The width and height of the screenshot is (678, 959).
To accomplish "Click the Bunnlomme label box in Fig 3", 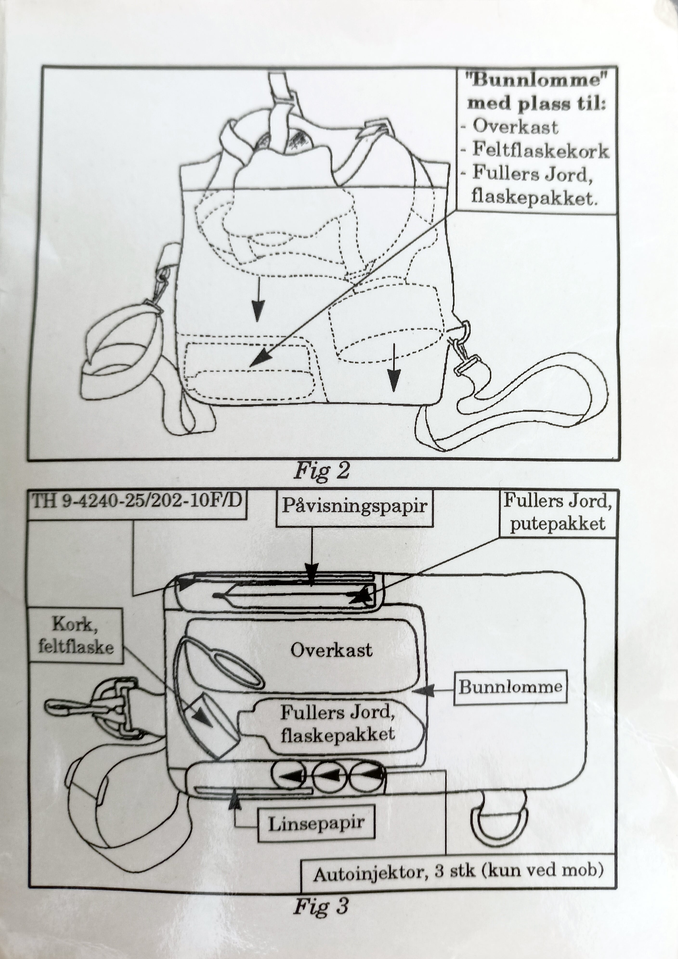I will click(510, 687).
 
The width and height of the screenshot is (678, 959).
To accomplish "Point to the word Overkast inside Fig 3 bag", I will click(331, 650).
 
